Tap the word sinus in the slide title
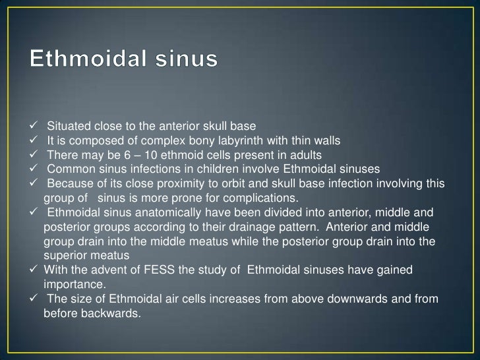tap(189, 61)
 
